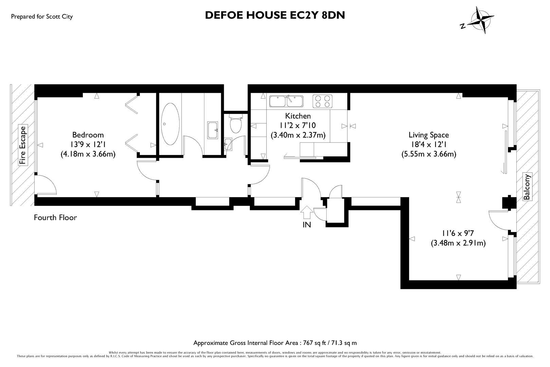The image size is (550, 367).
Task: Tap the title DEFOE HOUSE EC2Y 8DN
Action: click(x=275, y=15)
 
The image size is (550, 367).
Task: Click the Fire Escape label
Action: click(x=23, y=145)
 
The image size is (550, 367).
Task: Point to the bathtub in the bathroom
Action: click(x=170, y=124)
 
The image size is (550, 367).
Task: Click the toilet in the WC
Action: click(x=235, y=124)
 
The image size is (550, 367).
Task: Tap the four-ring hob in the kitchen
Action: click(x=322, y=101)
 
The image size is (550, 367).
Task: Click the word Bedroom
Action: click(x=88, y=135)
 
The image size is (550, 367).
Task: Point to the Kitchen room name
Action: click(x=298, y=116)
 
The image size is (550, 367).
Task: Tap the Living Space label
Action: click(x=428, y=135)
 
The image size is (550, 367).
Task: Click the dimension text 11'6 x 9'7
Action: click(x=458, y=233)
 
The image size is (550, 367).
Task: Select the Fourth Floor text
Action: click(x=55, y=217)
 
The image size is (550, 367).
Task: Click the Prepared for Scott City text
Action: click(x=42, y=16)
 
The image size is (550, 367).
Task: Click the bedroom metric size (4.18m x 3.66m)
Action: click(x=88, y=154)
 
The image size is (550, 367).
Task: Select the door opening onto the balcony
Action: click(x=499, y=221)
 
